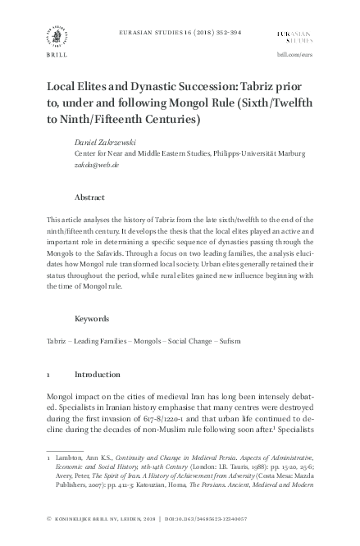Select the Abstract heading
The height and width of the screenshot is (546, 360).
(89, 198)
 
